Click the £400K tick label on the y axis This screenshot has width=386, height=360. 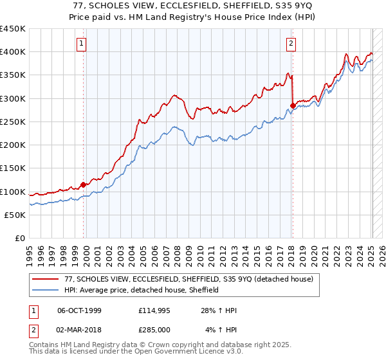point(12,52)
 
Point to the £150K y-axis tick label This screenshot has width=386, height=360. point(12,168)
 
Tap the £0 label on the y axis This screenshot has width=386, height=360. point(20,239)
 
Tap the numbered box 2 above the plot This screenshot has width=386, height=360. point(291,44)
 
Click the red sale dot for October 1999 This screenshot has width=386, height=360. point(84,185)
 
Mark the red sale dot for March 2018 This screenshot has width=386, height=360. point(293,105)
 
